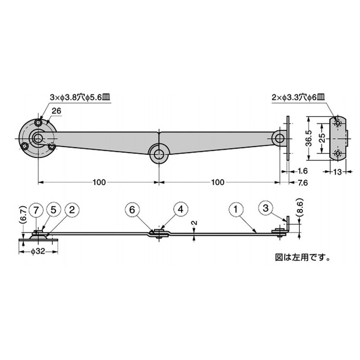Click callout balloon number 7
point(36,210)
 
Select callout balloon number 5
point(53,210)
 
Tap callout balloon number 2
point(72,210)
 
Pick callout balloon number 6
point(132,210)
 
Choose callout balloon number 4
point(181,209)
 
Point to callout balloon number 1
point(235,209)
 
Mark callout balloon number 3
point(265,208)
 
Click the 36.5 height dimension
point(309,139)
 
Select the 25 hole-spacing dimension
point(322,138)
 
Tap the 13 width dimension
point(337,172)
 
